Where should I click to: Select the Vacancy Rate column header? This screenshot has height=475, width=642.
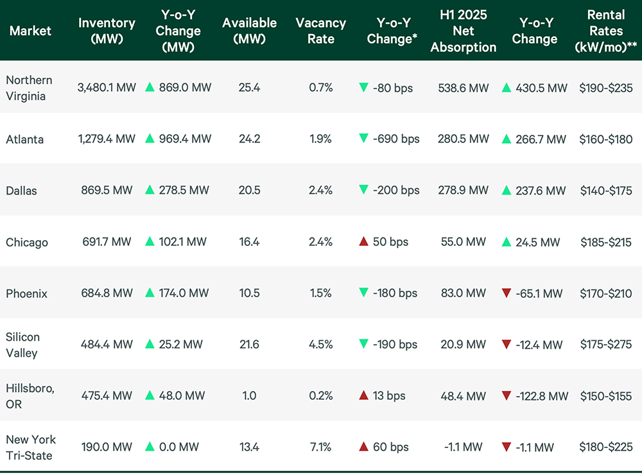point(320,30)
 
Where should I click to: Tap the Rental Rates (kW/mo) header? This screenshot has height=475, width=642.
point(605,30)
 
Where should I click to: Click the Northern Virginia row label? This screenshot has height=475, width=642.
point(29,87)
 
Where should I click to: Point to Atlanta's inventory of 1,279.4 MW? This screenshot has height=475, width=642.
point(107,139)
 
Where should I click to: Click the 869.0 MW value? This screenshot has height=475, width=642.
point(186,88)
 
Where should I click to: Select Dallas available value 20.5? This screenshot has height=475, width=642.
point(249,191)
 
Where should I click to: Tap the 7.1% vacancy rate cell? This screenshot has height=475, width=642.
point(320,447)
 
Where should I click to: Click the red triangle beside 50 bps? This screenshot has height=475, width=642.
point(363,242)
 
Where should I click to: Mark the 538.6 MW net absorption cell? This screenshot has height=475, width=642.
point(463,88)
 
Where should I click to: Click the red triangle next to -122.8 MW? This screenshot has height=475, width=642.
point(507,396)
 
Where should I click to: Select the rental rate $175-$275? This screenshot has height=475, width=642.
point(605,345)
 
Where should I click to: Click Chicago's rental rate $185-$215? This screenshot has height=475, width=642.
point(605,242)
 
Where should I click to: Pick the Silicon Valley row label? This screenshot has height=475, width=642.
point(22,345)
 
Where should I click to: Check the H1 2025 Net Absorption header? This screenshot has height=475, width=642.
point(463,30)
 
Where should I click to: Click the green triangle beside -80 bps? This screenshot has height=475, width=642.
point(363,88)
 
